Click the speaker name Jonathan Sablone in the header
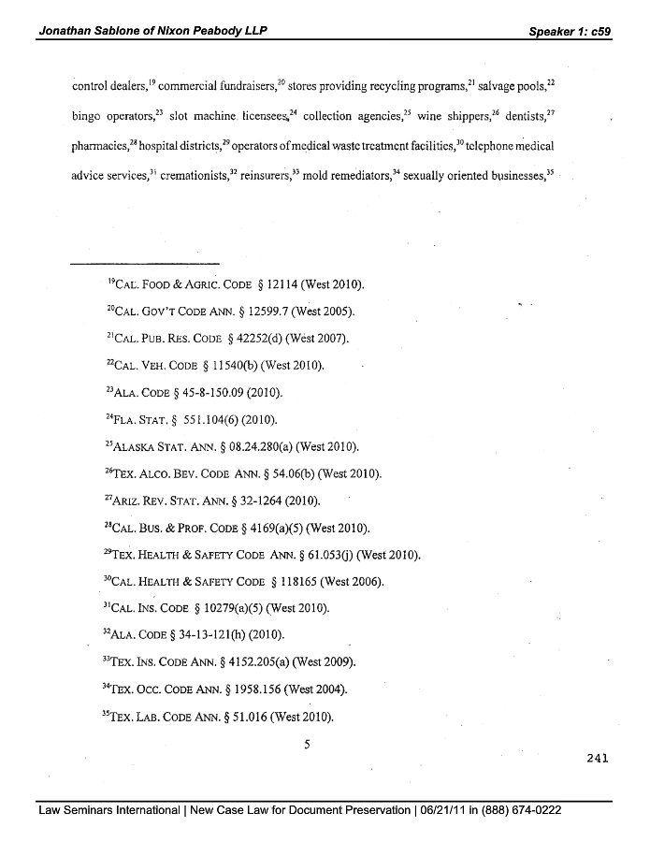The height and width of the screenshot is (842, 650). click(92, 31)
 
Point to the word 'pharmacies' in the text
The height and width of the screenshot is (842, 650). click(102, 147)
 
